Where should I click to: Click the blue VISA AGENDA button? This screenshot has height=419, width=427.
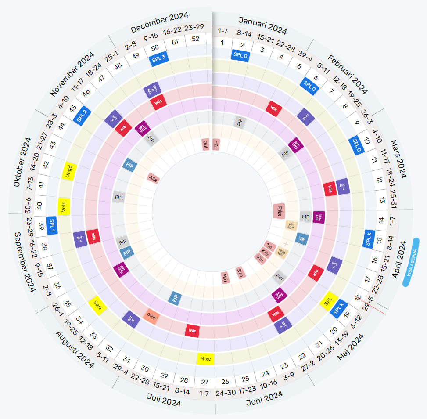(x=411, y=262)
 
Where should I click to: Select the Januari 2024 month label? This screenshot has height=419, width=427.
(x=262, y=25)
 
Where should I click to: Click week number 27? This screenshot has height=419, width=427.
(x=205, y=382)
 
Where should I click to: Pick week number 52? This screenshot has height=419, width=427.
(x=195, y=39)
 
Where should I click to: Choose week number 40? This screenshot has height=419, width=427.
(x=39, y=205)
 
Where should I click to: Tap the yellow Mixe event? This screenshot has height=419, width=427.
(x=205, y=359)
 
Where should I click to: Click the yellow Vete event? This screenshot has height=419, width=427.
(x=64, y=206)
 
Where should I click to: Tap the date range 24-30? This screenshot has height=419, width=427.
(x=226, y=393)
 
